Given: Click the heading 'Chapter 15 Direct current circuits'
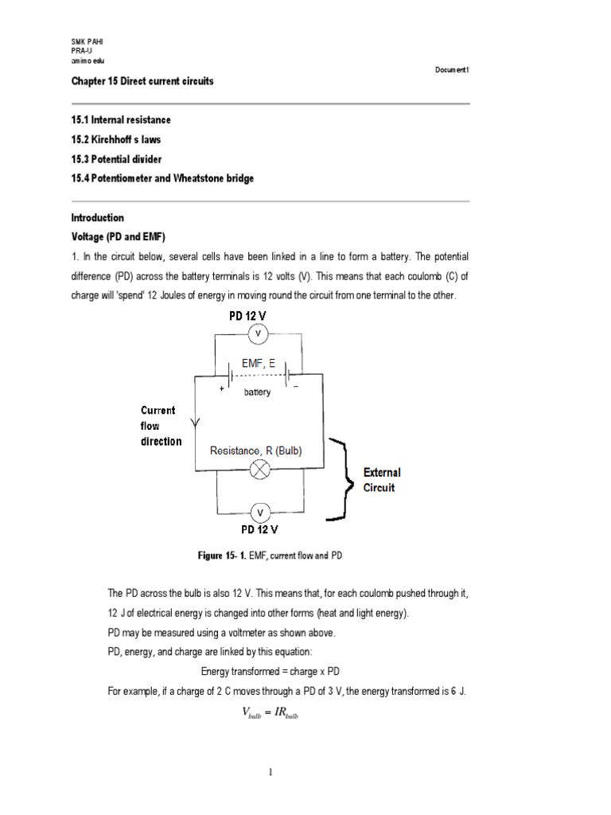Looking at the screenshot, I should coord(142,82).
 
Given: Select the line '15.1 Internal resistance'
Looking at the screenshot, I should coord(121,120).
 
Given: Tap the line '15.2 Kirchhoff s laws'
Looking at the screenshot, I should coord(116,139).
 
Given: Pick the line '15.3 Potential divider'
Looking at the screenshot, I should coord(116,159).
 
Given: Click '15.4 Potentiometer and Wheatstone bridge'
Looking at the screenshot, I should coord(162,178).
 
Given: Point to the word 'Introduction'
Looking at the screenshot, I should coord(98,217).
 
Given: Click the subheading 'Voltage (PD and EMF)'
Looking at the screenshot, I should coord(117,237).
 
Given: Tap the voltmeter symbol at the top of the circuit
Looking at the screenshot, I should coord(258,334).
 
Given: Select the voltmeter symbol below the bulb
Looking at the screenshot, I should coord(258,511).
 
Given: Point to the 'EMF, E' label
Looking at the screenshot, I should coord(258,364).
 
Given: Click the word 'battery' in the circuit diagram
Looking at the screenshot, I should coord(257,392).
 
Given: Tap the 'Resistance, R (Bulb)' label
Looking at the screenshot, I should coord(256,450).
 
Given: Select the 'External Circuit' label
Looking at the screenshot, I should coord(383,480).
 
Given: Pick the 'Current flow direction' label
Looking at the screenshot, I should coord(162,426).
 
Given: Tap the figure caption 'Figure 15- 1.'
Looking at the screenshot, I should coord(225,556).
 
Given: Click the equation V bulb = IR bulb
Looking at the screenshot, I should coord(270,713).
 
